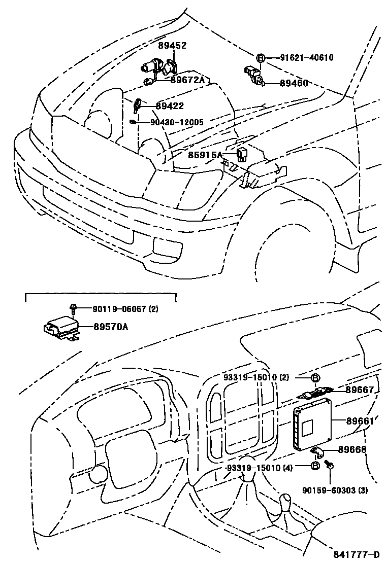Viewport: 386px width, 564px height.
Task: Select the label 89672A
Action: point(187,80)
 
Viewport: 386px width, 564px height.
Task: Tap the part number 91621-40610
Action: point(306,58)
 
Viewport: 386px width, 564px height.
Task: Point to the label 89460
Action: point(294,83)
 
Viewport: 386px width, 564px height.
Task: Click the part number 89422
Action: point(170,106)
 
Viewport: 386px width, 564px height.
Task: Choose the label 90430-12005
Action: point(177,122)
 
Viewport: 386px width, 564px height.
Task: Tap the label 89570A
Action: point(111,327)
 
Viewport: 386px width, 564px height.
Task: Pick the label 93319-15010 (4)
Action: point(259,468)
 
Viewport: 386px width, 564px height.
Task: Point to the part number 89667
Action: point(360,390)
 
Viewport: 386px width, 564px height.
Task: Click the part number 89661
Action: point(360,421)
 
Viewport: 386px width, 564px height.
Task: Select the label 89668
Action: point(360,450)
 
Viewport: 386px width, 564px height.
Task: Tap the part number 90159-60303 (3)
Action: point(335,490)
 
